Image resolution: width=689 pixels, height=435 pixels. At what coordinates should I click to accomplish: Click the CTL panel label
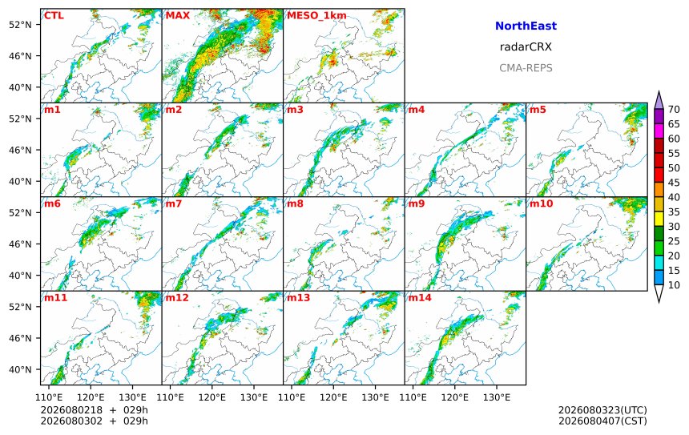point(54,15)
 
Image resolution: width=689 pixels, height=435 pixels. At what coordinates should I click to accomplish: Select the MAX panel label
point(178,15)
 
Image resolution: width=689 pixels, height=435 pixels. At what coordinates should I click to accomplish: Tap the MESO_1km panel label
point(316,15)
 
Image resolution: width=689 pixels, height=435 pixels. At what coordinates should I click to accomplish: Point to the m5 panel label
point(538,110)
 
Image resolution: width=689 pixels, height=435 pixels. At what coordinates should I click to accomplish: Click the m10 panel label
point(541,203)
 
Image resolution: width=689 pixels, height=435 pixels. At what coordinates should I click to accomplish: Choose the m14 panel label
point(420,297)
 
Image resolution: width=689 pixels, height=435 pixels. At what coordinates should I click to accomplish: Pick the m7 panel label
point(173,203)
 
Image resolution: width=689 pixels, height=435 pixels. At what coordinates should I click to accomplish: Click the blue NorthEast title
point(526,26)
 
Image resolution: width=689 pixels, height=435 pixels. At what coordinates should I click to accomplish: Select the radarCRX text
point(526,47)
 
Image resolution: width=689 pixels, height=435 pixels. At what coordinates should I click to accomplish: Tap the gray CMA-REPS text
point(526,68)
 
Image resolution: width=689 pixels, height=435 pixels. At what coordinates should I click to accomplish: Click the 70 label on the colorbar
point(674,110)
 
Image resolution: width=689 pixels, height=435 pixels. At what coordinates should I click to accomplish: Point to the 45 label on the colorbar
point(674,183)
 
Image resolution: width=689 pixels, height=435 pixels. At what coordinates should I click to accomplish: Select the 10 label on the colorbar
point(674,285)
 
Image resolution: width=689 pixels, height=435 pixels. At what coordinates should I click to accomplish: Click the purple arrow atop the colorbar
point(659,100)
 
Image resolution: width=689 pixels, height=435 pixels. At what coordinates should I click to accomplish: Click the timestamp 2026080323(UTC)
point(602,410)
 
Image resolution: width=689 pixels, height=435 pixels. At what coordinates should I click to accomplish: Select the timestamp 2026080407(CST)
point(602,421)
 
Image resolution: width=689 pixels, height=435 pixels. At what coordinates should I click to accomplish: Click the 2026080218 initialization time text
point(71,410)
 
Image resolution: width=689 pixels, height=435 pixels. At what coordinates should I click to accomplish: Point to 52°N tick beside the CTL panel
point(20,25)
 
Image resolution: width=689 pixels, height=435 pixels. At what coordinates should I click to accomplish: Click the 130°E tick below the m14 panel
point(497,397)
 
